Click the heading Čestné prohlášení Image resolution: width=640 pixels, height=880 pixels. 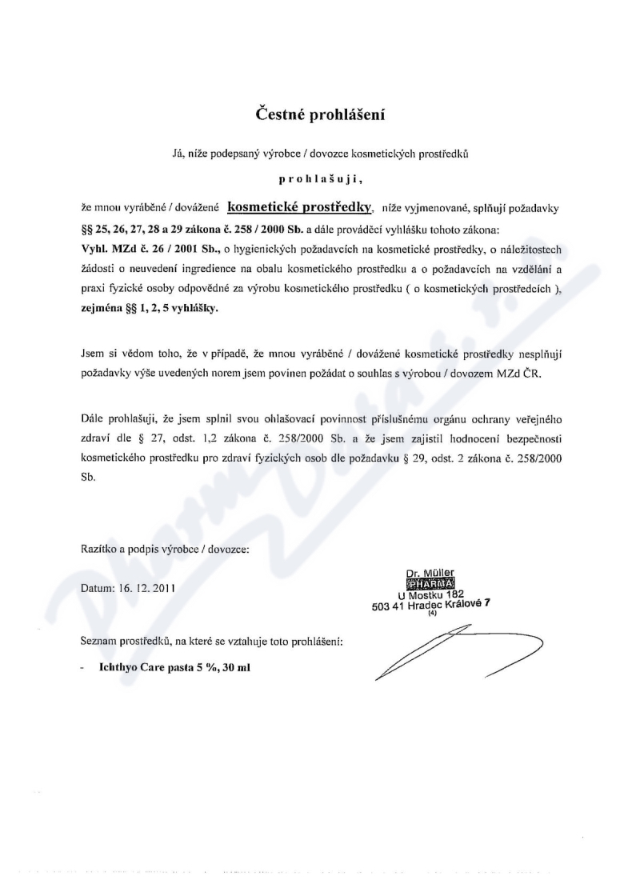(320, 114)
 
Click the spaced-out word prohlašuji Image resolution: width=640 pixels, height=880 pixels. (320, 182)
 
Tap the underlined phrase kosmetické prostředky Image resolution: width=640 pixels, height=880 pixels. (300, 206)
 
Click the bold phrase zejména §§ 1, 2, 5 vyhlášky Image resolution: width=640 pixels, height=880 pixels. (148, 307)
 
